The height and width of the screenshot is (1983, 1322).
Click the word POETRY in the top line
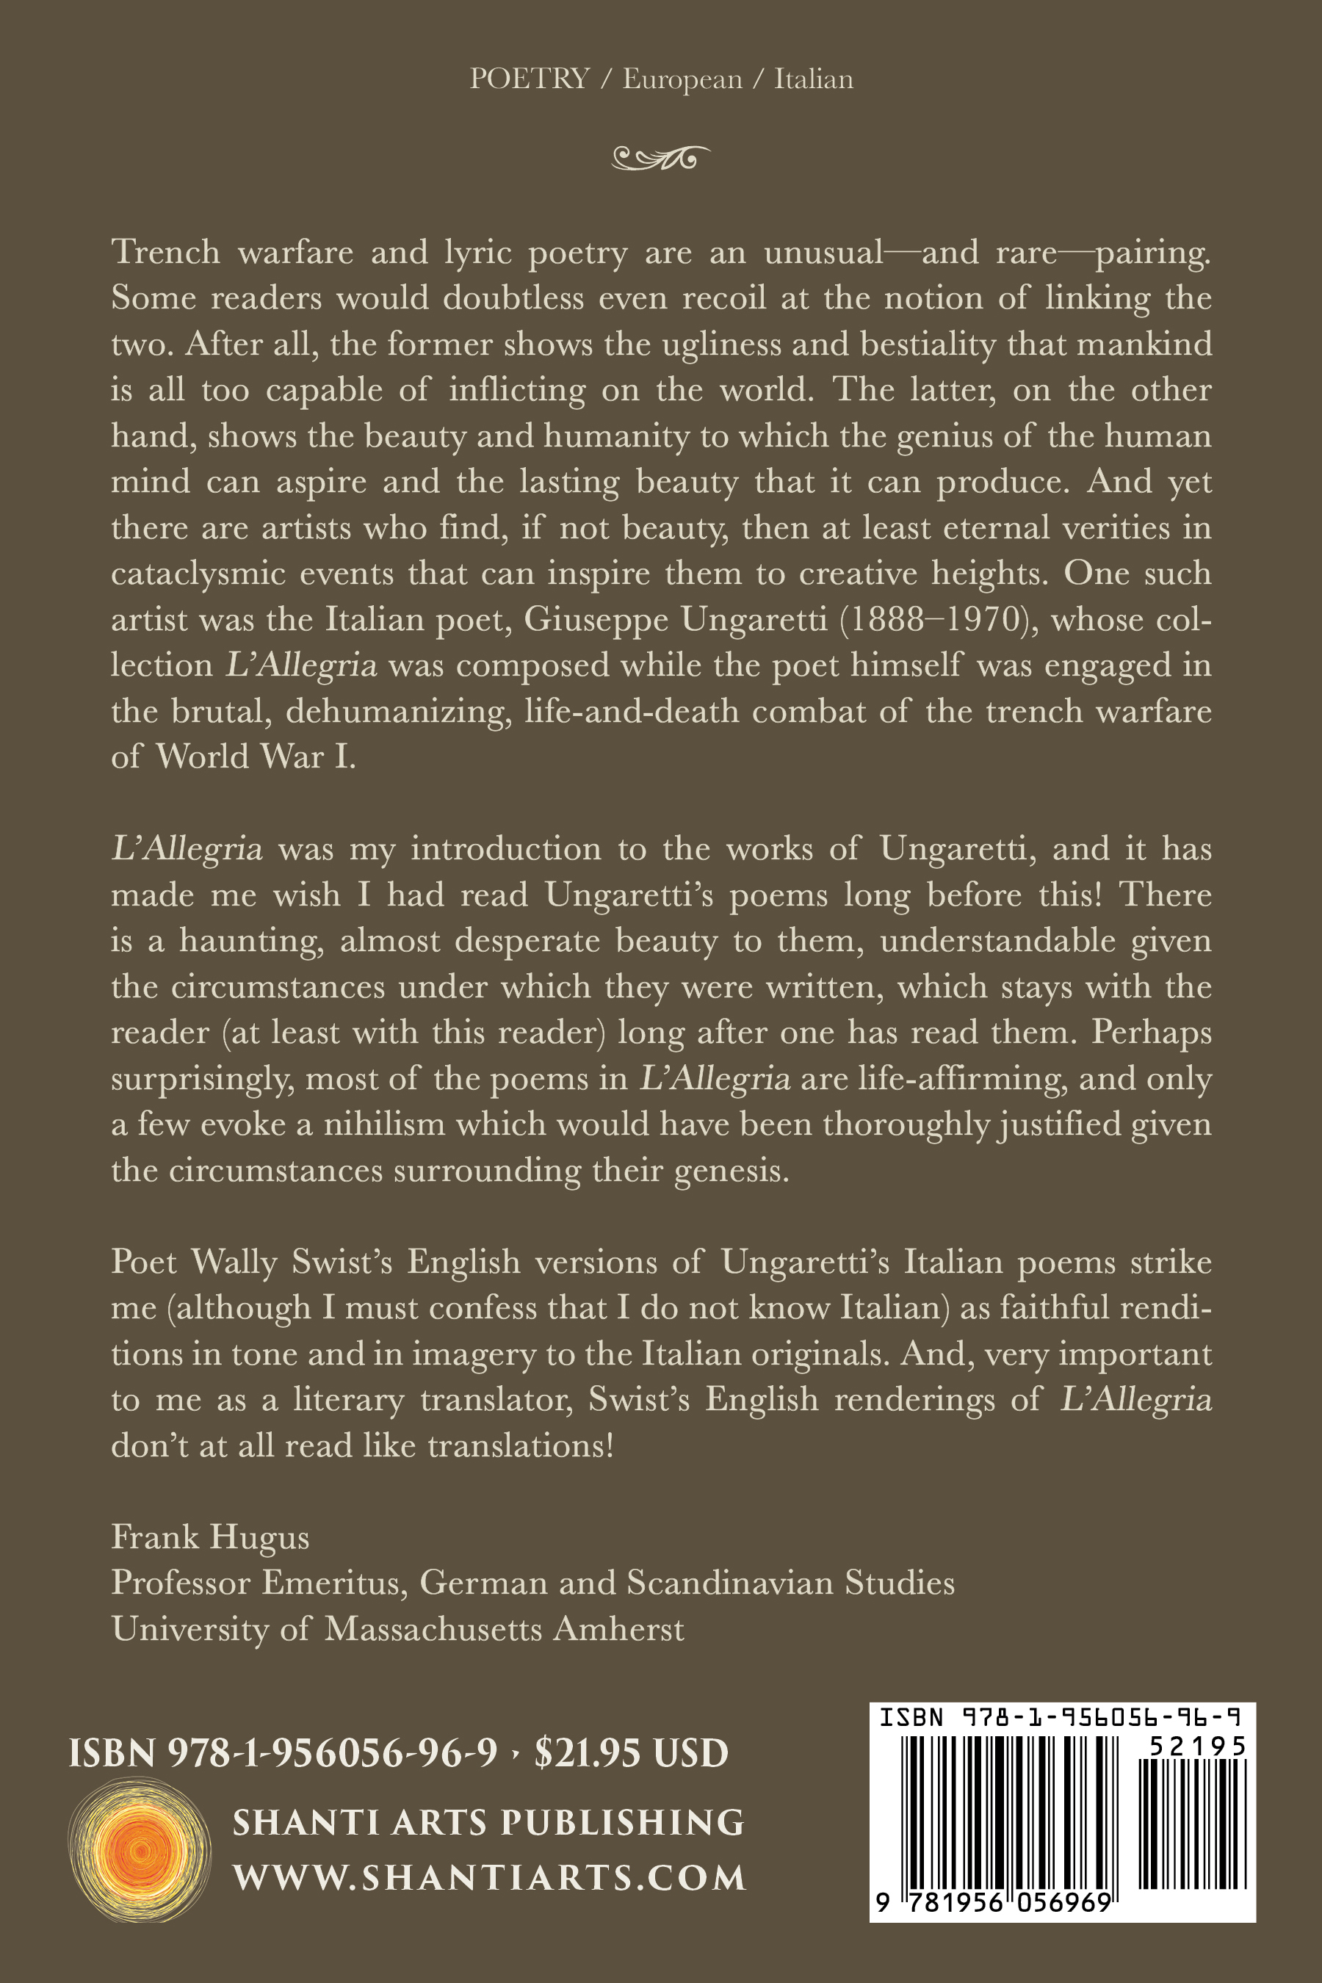pyautogui.click(x=530, y=79)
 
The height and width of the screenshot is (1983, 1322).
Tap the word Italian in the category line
pyautogui.click(x=813, y=79)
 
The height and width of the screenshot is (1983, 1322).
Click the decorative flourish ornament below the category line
pyautogui.click(x=660, y=157)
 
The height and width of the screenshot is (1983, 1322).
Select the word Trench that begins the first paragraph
pyautogui.click(x=165, y=252)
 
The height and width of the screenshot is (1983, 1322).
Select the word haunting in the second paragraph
pyautogui.click(x=250, y=941)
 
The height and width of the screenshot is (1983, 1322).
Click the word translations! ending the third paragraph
pyautogui.click(x=520, y=1445)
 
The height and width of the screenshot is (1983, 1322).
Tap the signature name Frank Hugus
pyautogui.click(x=210, y=1537)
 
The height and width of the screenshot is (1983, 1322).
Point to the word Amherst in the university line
pyautogui.click(x=618, y=1629)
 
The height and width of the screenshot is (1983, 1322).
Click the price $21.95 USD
pyautogui.click(x=632, y=1754)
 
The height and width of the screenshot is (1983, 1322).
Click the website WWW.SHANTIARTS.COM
pyautogui.click(x=489, y=1878)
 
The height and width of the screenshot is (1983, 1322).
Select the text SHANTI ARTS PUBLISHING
pyautogui.click(x=489, y=1822)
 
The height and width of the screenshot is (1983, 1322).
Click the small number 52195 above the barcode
pyautogui.click(x=1197, y=1745)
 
